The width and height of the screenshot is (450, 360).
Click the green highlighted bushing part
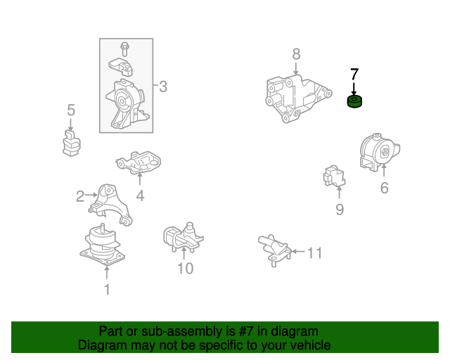[x=354, y=102]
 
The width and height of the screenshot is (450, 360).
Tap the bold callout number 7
[x=354, y=75]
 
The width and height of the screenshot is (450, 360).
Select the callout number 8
[x=297, y=54]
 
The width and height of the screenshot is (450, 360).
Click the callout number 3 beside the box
[x=163, y=86]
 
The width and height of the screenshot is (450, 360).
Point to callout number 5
[x=71, y=110]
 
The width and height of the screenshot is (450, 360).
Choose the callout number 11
[x=314, y=253]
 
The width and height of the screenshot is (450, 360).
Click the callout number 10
[x=186, y=269]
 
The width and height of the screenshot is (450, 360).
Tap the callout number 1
[x=107, y=290]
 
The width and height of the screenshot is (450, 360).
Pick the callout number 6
[x=385, y=188]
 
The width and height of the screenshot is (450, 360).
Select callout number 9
[x=340, y=210]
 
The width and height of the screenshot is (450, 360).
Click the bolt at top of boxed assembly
[x=124, y=49]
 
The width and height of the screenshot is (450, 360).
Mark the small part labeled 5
[x=72, y=143]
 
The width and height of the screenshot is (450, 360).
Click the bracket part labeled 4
[x=139, y=162]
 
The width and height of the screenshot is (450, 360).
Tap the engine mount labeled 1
[x=102, y=245]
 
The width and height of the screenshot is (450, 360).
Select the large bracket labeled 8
[x=298, y=98]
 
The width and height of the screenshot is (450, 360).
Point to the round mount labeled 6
[x=380, y=152]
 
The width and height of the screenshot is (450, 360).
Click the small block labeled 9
[x=334, y=176]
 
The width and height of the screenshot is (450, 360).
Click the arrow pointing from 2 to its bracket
[x=91, y=195]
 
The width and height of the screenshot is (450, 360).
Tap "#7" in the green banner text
[x=245, y=332]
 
